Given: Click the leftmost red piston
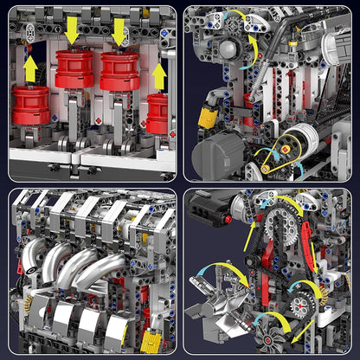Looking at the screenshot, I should pos(31,105).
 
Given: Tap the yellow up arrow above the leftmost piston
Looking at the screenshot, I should pos(31,67).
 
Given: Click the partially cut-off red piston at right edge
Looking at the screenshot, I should pos(158,112).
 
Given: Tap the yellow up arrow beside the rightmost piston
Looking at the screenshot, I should pos(159,77).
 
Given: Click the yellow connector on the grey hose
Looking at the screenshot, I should pos(207,118).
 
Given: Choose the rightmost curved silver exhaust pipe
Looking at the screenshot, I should pos(113,268).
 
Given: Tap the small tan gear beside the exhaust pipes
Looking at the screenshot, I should pos(26,304).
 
